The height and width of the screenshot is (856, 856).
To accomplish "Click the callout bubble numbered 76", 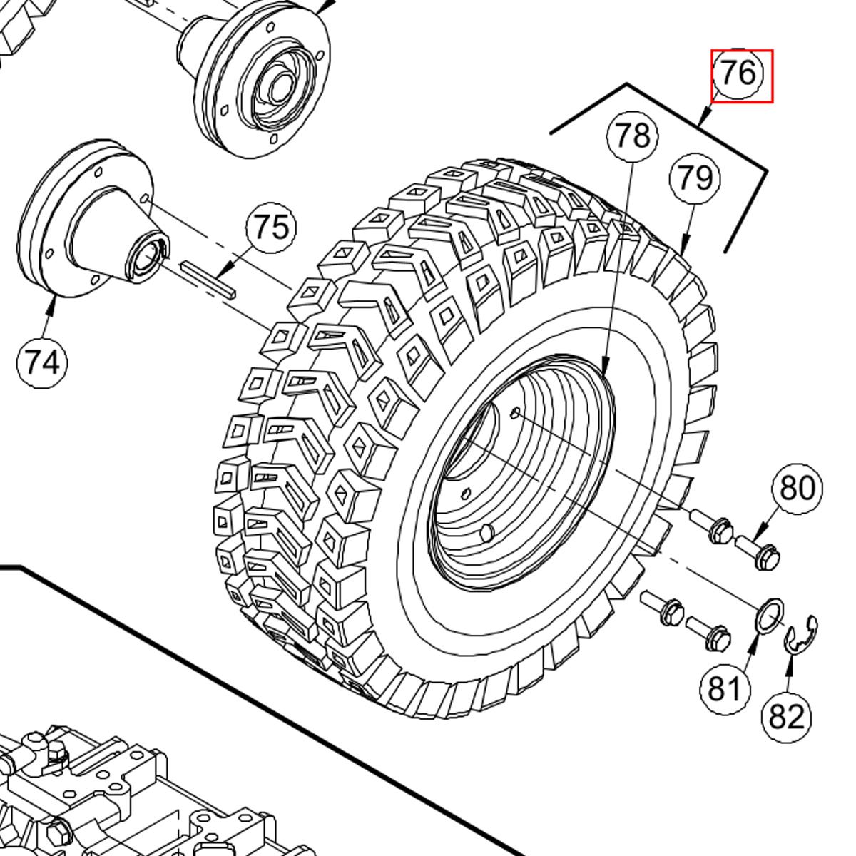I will coord(740,73).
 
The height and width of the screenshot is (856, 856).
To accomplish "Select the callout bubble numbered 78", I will coord(632,136).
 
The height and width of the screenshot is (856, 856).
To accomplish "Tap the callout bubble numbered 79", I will coord(695,178).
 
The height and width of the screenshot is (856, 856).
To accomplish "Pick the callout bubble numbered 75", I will coord(271,228).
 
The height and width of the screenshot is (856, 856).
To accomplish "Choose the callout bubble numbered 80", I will coord(797,489).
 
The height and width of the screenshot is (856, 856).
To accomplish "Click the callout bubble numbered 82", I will coord(787,716).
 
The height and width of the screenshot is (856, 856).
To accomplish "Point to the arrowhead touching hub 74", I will coord(52,304).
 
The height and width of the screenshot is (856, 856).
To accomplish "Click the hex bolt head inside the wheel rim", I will coord(487,532).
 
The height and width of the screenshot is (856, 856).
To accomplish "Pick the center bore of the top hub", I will coord(279,85).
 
